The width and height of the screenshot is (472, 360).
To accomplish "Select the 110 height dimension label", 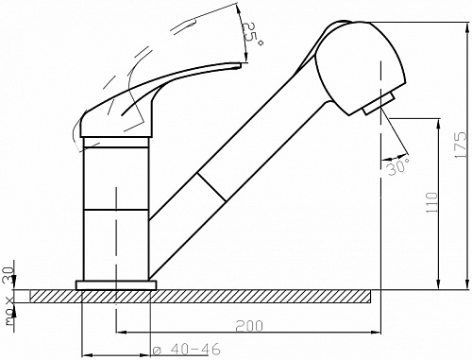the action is tap(432, 202).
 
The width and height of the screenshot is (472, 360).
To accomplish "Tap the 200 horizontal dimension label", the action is tap(248, 326).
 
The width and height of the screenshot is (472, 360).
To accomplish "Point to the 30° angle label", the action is tap(398, 166).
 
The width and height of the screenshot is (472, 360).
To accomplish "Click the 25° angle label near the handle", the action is tap(252, 35).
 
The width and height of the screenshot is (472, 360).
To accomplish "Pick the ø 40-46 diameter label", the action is tap(186, 350).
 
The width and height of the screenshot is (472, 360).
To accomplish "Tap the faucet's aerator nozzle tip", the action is tap(379, 104).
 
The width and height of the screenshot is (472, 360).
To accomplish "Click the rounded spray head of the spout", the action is tap(360, 68).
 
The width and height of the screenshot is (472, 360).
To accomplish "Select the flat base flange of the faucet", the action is tap(116, 285).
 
